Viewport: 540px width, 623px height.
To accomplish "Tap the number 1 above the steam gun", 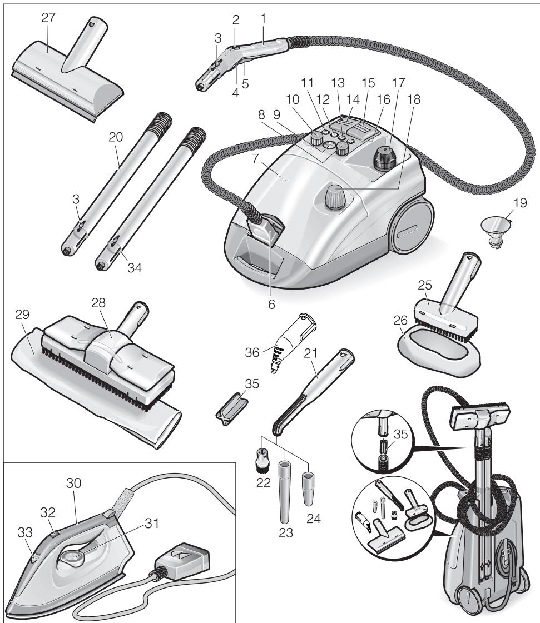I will (x=264, y=17).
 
